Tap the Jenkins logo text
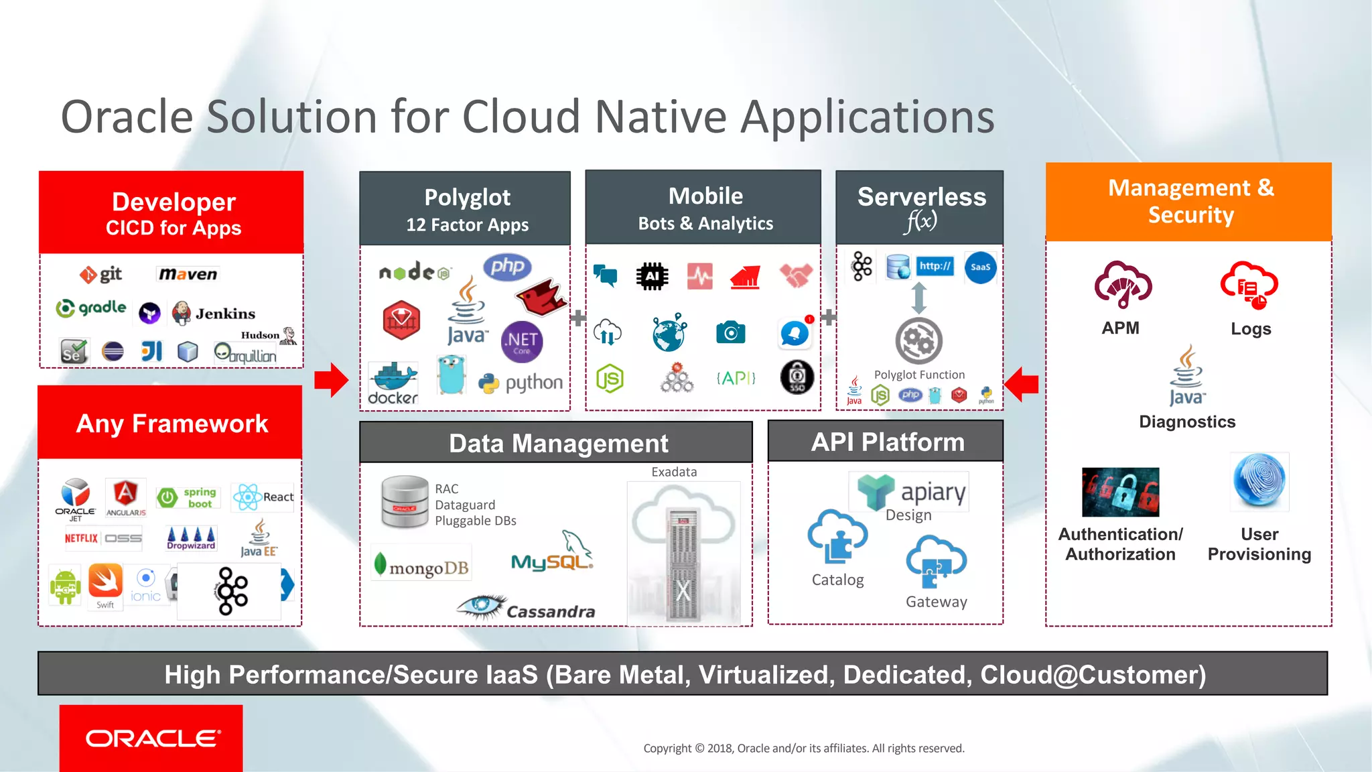225,314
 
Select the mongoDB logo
422,567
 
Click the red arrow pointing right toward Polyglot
331,380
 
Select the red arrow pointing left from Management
1022,384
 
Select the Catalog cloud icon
837,536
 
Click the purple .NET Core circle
522,341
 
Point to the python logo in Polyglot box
521,383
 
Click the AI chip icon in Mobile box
652,276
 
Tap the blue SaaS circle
980,267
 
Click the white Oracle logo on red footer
153,738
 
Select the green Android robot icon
65,586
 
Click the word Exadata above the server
674,472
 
